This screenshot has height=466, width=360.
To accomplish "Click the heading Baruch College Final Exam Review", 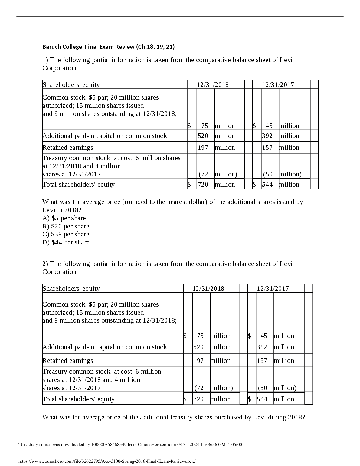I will (108, 47).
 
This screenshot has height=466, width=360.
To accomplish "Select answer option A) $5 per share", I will (65, 218).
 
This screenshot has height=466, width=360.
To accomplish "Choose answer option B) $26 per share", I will (66, 226).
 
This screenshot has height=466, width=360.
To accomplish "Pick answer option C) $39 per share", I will (66, 234).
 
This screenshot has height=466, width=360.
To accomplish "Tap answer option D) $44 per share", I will (67, 242).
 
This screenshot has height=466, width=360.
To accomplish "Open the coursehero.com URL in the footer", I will (107, 461).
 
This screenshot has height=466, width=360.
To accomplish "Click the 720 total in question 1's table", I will (203, 185).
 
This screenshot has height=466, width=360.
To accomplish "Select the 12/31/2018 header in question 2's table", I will (208, 289).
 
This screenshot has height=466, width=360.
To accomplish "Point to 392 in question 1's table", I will (267, 136).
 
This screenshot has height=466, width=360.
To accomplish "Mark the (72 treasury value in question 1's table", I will (204, 174).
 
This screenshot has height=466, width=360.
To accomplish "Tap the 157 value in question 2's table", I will (262, 361).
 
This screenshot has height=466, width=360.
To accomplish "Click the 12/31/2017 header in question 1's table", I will (278, 85).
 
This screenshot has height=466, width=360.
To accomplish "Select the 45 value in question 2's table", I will (264, 336).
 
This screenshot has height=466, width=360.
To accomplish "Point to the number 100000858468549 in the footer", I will (109, 445).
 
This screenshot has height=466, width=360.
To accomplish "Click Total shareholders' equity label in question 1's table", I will (79, 185).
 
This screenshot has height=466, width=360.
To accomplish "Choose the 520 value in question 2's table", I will (198, 347).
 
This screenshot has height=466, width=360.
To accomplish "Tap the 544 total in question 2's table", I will (262, 399).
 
